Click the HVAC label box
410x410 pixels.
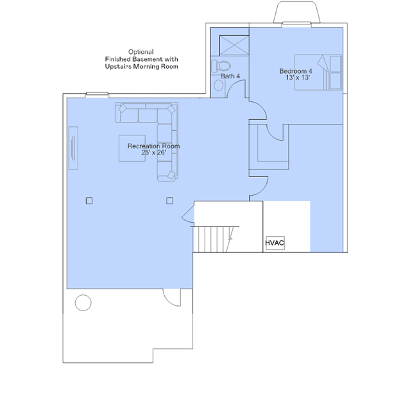click(275, 244)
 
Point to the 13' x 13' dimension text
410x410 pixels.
click(298, 78)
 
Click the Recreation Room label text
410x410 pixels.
click(153, 146)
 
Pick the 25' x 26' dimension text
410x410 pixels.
click(153, 153)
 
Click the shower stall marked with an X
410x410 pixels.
click(234, 46)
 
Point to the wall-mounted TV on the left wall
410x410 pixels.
click(74, 148)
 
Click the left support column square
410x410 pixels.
click(89, 201)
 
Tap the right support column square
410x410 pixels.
click(169, 201)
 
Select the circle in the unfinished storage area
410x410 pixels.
click(83, 301)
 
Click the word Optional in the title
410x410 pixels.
click(141, 51)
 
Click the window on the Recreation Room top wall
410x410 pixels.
click(98, 95)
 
